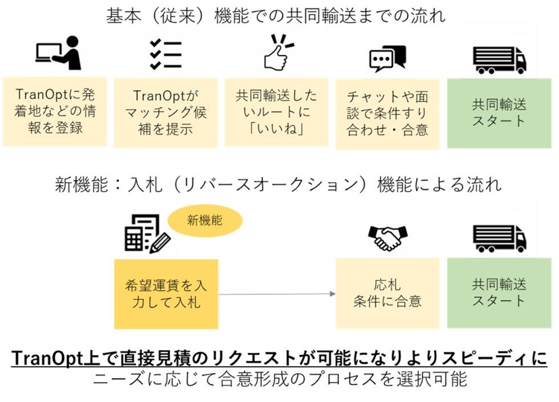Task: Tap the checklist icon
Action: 165,55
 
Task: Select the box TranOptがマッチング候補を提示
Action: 165,112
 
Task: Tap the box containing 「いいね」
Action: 276,112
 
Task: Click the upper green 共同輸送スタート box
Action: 498,113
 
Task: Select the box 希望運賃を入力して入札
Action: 166,294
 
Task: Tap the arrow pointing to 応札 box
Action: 276,294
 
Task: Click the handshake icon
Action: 388,237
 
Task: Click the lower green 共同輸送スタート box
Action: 498,293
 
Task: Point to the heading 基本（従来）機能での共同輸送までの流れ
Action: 276,15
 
